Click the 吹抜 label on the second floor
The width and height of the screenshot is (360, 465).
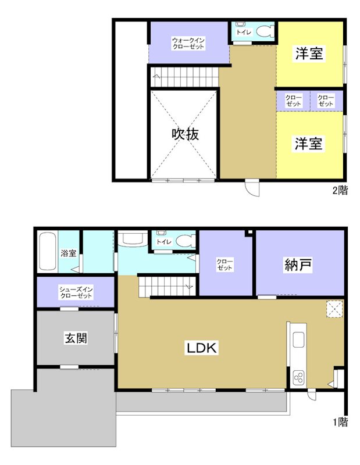click(x=186, y=134)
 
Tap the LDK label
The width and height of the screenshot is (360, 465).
click(x=201, y=348)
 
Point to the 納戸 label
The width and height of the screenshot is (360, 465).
click(x=299, y=265)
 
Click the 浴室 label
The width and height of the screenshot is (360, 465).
click(x=68, y=253)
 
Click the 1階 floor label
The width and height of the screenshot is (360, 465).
click(x=340, y=423)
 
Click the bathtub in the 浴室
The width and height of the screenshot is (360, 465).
click(x=47, y=251)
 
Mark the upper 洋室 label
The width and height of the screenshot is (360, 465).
click(x=309, y=54)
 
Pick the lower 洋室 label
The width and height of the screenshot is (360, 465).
click(x=308, y=144)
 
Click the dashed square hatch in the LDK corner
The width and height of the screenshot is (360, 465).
click(x=334, y=309)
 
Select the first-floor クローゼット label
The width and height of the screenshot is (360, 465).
click(x=225, y=265)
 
